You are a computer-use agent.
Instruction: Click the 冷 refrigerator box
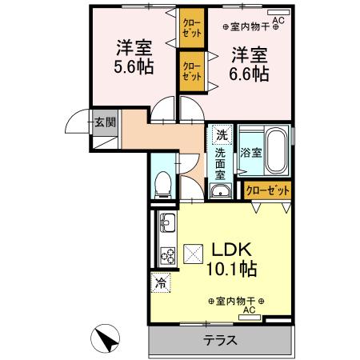161,282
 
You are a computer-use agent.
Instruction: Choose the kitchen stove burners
169,256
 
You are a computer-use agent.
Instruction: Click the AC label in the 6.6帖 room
278,22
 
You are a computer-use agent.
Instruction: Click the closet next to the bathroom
267,190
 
